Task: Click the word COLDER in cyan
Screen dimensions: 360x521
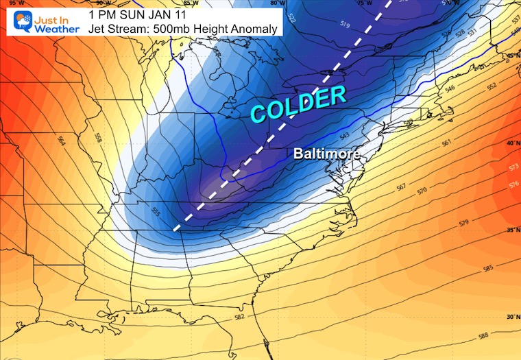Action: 298,105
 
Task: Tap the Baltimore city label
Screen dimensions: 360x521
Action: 327,154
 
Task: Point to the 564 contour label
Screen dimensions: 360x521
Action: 62,141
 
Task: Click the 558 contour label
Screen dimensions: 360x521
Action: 97,139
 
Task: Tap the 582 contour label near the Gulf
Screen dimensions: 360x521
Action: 239,317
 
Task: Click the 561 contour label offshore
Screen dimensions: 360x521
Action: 446,143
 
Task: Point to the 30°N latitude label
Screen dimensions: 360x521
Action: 511,317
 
